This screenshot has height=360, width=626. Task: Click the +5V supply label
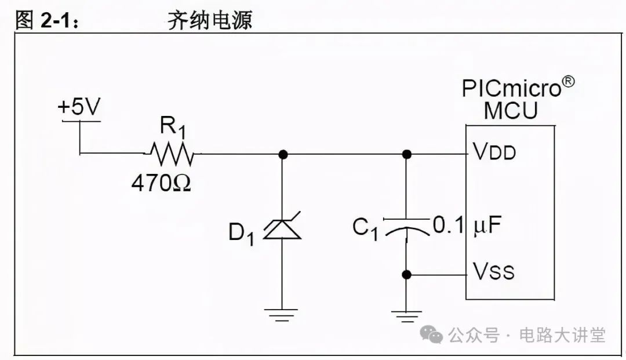pos(79,108)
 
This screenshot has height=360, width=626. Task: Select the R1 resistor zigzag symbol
pos(172,154)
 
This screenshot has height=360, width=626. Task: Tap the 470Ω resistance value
pos(161,184)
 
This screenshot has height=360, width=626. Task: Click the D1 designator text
pos(241,233)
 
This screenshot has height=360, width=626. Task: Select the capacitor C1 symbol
pos(406,227)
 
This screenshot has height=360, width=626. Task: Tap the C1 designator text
pos(365,228)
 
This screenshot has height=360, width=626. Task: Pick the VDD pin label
pos(494,152)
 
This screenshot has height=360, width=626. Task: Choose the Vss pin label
pos(493,271)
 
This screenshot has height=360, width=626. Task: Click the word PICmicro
pos(512,89)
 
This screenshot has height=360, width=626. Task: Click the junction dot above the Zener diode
pos(282,154)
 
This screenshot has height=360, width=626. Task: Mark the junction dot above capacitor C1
pos(406,154)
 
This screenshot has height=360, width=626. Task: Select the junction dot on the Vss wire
pos(406,274)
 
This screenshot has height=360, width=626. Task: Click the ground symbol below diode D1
pos(282,315)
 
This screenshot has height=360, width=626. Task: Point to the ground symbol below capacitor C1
pos(406,317)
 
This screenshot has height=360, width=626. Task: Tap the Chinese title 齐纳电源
pos(209,21)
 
